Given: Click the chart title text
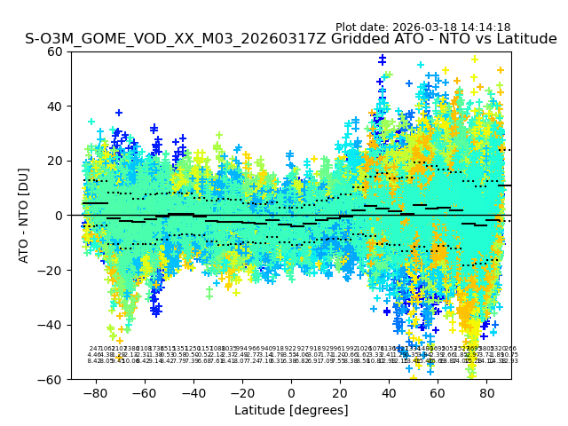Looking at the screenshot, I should click(291, 39).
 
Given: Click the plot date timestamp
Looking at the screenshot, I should click(422, 28).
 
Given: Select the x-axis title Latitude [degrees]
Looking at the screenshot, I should click(291, 410).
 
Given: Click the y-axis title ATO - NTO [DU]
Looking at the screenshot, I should click(24, 216).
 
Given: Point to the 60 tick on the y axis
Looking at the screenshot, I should click(55, 51).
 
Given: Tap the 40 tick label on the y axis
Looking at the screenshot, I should click(55, 106).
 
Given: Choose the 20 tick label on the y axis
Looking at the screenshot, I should click(55, 161).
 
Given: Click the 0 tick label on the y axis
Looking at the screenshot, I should click(59, 216).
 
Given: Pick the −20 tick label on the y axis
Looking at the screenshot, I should click(51, 271).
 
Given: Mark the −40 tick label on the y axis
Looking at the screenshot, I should click(51, 325).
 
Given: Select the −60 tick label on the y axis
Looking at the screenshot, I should click(51, 380).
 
